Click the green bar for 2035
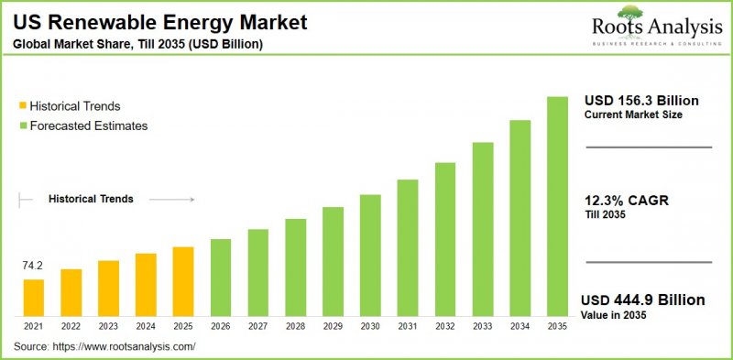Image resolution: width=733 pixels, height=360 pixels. click(x=556, y=206)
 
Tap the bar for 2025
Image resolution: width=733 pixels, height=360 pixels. click(x=183, y=281)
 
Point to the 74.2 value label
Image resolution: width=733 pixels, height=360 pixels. click(x=33, y=267)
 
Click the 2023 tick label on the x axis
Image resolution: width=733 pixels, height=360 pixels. click(x=108, y=326)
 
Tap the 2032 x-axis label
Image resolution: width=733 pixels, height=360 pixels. click(x=444, y=326)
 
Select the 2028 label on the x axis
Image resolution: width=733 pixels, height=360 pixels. click(x=295, y=326)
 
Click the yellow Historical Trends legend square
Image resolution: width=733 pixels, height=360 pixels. click(x=23, y=106)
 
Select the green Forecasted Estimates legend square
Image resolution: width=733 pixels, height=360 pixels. click(x=23, y=125)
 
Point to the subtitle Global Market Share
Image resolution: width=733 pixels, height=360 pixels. click(x=137, y=42)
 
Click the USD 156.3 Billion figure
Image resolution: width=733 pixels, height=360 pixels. click(x=641, y=100)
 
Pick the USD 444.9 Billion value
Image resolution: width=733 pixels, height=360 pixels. click(x=643, y=300)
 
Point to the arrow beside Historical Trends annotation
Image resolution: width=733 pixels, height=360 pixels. click(x=171, y=199)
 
